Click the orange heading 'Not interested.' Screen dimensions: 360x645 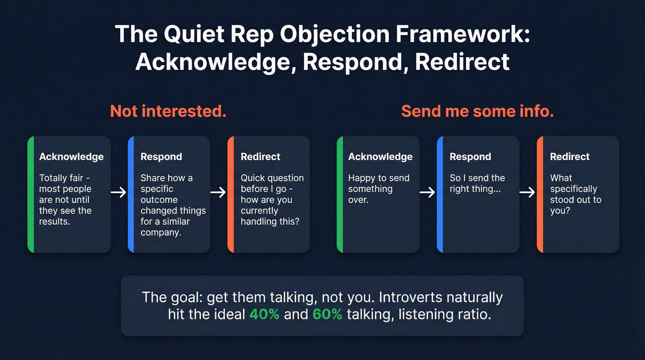click(168, 111)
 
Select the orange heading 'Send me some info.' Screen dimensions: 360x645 click(477, 111)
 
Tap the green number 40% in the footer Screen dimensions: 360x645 click(264, 314)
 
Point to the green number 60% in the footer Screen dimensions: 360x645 click(327, 314)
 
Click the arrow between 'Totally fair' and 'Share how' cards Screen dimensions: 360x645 click(119, 192)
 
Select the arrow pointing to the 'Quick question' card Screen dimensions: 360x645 click(219, 192)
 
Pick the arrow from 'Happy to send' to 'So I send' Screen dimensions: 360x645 click(428, 192)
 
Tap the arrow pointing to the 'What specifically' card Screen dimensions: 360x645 click(528, 192)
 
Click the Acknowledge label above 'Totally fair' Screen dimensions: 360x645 click(71, 157)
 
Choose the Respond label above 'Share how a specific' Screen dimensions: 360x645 click(161, 157)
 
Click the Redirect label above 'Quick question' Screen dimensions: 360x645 click(260, 157)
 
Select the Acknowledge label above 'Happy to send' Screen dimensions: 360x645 click(380, 157)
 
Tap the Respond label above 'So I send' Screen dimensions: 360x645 click(470, 157)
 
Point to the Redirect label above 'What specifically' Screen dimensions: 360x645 click(569, 157)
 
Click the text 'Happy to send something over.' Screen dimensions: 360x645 click(378, 189)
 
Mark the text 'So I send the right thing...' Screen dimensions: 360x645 click(477, 183)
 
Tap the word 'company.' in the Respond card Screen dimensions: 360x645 click(161, 232)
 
